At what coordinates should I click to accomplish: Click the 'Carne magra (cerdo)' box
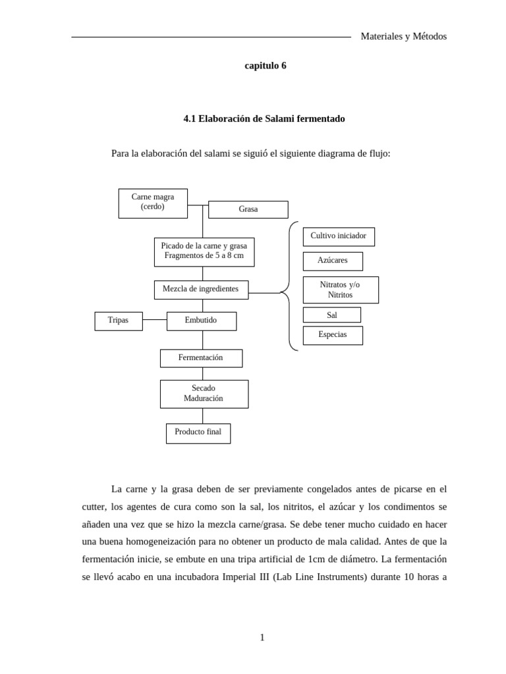153,203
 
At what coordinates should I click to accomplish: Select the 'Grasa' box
248,209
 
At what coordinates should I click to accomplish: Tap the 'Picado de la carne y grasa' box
204,252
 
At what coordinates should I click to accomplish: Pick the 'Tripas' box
119,321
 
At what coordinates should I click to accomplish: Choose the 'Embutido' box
201,321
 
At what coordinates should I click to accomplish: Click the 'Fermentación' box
201,358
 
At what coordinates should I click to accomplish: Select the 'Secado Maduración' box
204,394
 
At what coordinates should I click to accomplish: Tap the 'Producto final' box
198,433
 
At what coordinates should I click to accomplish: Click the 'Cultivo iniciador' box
339,237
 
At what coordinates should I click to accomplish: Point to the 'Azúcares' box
332,261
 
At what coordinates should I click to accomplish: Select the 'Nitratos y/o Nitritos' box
341,290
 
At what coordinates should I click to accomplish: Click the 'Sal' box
332,315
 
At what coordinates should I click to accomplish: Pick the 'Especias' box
333,335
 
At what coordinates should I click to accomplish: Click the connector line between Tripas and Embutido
154,320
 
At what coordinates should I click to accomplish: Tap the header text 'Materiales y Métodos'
403,37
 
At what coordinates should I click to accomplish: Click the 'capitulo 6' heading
266,66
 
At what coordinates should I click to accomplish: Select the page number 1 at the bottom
262,637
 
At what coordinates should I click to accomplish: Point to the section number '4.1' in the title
190,119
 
